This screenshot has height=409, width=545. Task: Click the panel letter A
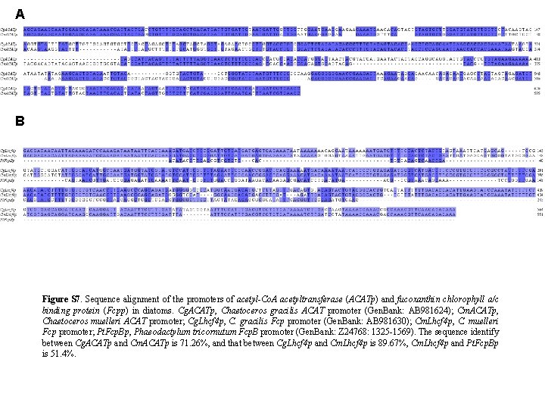pyautogui.click(x=20, y=14)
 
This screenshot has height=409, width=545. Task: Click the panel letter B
pyautogui.click(x=20, y=120)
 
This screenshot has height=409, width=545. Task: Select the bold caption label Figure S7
pyautogui.click(x=64, y=300)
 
